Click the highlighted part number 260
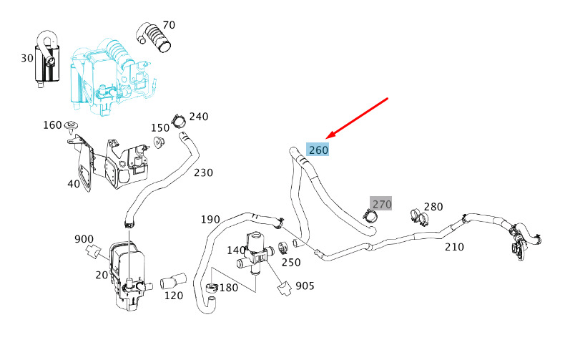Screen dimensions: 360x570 tap(318, 150)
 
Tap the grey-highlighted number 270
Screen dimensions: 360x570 tap(381, 205)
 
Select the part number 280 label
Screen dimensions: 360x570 tap(433, 207)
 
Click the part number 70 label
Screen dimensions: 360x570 tap(168, 26)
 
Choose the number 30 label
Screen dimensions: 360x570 tap(27, 58)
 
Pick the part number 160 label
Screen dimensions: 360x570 tap(52, 125)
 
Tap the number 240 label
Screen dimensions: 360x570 tap(199, 117)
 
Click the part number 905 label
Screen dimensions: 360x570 tap(305, 286)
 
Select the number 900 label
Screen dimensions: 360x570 tap(84, 239)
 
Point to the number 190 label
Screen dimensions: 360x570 tap(210, 219)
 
